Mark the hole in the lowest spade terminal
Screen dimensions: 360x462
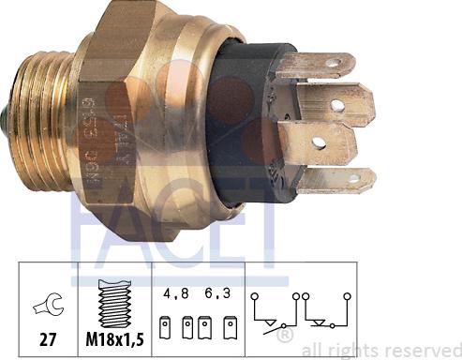[x=353, y=178]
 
